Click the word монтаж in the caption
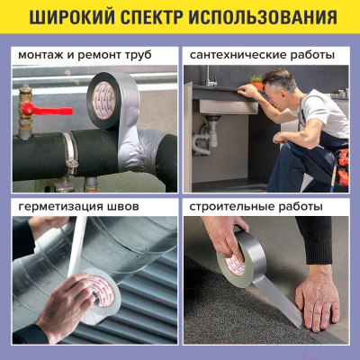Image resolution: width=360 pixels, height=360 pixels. pos(40,55)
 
